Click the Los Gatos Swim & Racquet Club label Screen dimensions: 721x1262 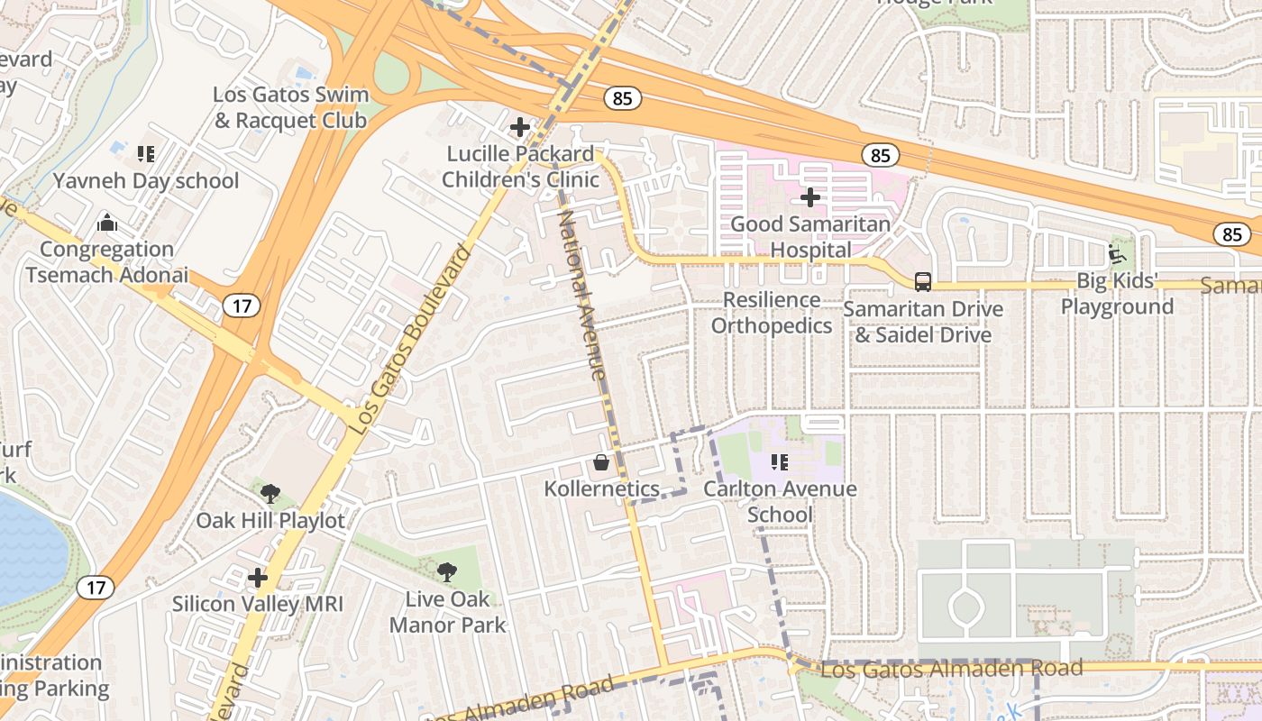pyautogui.click(x=290, y=107)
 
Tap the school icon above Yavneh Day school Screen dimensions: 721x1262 pyautogui.click(x=146, y=154)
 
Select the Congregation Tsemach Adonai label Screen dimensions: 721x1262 pyautogui.click(x=107, y=262)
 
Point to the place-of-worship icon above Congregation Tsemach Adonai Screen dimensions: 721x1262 pyautogui.click(x=107, y=222)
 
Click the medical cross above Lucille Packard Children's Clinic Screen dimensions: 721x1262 pyautogui.click(x=520, y=127)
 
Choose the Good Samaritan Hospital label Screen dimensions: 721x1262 pyautogui.click(x=809, y=237)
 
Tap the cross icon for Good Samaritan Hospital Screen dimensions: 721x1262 pyautogui.click(x=809, y=196)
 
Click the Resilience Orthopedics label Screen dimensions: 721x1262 pyautogui.click(x=771, y=313)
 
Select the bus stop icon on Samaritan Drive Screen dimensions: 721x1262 pyautogui.click(x=923, y=281)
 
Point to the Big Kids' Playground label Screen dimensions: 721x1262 pyautogui.click(x=1117, y=294)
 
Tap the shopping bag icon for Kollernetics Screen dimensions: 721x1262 pyautogui.click(x=601, y=463)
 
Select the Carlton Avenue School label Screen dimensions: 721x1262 pyautogui.click(x=780, y=502)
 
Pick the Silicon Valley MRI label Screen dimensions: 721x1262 pyautogui.click(x=258, y=604)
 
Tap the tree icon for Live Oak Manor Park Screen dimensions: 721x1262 pyautogui.click(x=446, y=571)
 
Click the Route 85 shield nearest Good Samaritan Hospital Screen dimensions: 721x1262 pyautogui.click(x=880, y=155)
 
